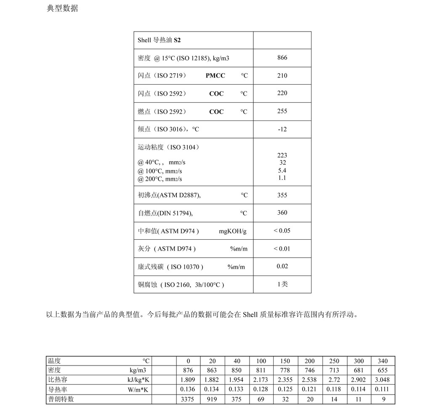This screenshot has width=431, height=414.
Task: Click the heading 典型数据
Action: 62,8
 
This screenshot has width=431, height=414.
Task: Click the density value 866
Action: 282,58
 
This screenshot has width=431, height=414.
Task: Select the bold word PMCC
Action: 215,76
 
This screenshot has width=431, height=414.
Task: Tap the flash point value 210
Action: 282,76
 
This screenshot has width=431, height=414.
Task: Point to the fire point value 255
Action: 282,111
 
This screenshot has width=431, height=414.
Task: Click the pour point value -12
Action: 282,129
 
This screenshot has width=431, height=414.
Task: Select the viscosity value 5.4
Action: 282,171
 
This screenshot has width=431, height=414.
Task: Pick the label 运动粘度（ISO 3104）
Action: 168,147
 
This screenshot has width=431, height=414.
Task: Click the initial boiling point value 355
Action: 282,195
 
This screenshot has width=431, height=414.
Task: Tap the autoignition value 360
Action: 282,213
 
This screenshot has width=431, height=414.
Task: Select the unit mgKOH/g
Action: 233,231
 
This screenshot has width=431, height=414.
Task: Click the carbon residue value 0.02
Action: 282,266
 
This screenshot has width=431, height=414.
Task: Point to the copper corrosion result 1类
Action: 282,284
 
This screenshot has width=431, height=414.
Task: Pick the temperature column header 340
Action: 383,361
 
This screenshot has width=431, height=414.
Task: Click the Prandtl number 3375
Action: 188,399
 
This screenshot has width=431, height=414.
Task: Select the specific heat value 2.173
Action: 261,380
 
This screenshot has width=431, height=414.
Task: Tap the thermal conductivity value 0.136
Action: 188,390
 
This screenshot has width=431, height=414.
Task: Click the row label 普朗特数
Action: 61,399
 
